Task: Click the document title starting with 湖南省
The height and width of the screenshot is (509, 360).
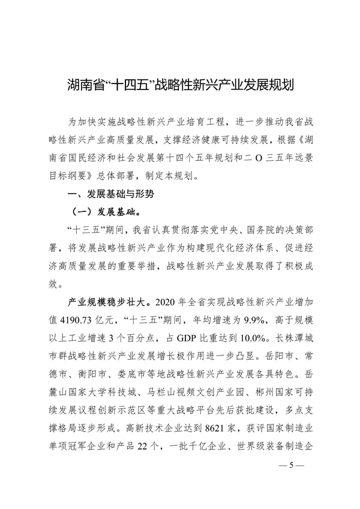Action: [180, 82]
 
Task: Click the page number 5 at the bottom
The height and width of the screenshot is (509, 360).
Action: [293, 465]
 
